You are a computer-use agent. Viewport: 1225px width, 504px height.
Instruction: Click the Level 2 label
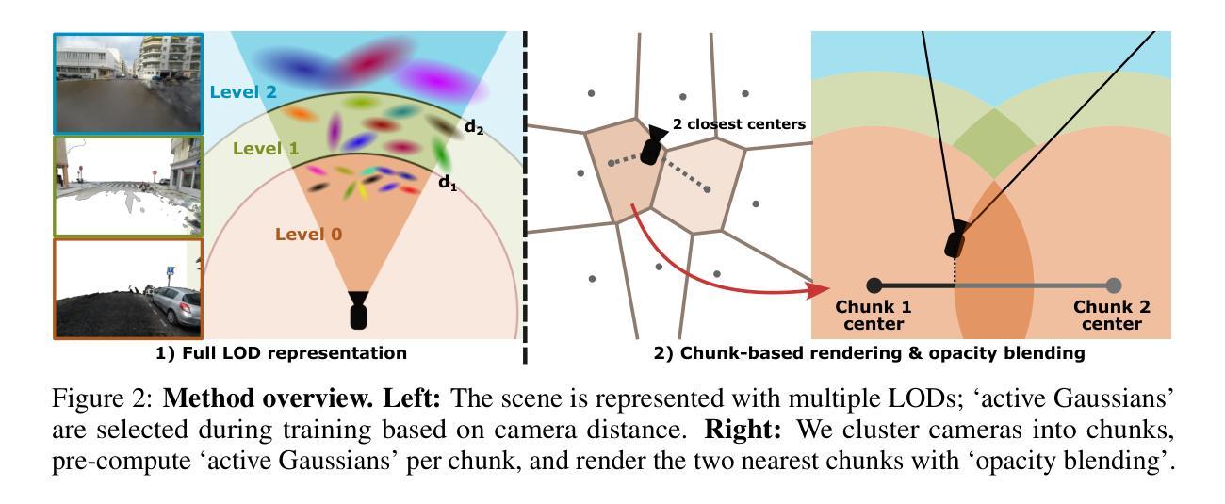coord(243,91)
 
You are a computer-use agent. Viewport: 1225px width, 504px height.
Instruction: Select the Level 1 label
coord(265,148)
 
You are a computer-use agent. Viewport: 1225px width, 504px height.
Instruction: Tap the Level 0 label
coord(308,234)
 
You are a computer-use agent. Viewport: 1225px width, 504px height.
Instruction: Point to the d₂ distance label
coord(473,128)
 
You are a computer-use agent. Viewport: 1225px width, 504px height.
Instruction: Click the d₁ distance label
coord(448,183)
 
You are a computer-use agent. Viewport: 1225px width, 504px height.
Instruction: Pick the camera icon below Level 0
coord(358,310)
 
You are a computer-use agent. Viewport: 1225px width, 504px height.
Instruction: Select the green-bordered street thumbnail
coord(127,185)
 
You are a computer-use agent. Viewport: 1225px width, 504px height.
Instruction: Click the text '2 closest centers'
coord(739,123)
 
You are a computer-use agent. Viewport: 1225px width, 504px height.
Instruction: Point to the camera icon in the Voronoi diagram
coord(651,147)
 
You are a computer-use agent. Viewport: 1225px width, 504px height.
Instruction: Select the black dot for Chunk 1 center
coord(874,285)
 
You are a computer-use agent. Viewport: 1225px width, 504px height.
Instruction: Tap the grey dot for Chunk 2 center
coord(1114,285)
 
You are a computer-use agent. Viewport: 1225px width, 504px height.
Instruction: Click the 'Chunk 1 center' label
coord(874,316)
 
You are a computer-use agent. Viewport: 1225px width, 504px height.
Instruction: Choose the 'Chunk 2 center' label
coord(1112,316)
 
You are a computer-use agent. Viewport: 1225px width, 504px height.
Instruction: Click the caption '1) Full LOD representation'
coord(282,353)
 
